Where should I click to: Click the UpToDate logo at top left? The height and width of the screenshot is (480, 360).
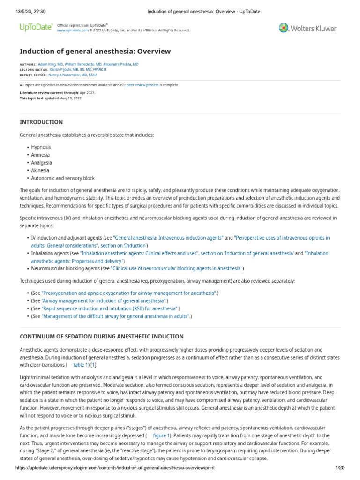pyautogui.click(x=36, y=28)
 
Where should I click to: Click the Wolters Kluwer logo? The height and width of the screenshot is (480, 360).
pyautogui.click(x=307, y=28)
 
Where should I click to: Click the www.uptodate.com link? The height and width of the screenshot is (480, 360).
pyautogui.click(x=73, y=30)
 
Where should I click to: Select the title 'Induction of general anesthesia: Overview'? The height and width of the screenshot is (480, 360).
pyautogui.click(x=95, y=52)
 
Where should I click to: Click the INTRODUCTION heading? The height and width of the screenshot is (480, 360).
pyautogui.click(x=41, y=122)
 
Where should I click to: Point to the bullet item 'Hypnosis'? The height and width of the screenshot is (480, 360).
pyautogui.click(x=41, y=147)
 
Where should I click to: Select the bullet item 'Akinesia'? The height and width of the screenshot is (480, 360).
pyautogui.click(x=40, y=171)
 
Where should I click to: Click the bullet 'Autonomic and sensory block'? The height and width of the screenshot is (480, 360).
pyautogui.click(x=63, y=178)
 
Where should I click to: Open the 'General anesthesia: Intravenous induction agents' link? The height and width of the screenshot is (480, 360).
pyautogui.click(x=168, y=238)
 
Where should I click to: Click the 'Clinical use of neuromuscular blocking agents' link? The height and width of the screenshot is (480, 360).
pyautogui.click(x=177, y=269)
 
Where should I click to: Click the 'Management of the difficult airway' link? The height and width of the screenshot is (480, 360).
pyautogui.click(x=116, y=316)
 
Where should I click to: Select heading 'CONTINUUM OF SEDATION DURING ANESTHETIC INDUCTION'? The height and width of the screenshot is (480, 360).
pyautogui.click(x=102, y=337)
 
